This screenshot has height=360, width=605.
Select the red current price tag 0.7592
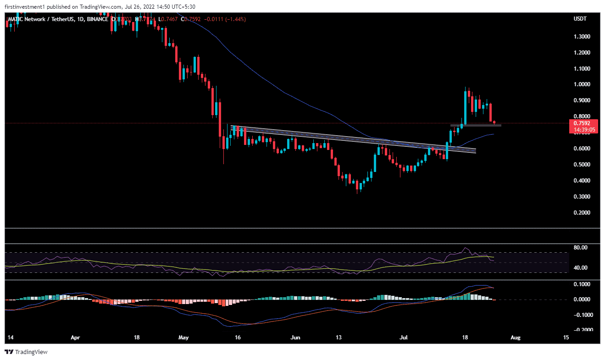582,123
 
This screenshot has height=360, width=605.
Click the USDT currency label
580,19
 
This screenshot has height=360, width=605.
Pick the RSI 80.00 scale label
581,248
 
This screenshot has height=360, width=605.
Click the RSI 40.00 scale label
581,268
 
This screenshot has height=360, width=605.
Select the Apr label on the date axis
76,338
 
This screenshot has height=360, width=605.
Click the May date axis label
183,338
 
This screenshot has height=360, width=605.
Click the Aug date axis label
516,338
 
